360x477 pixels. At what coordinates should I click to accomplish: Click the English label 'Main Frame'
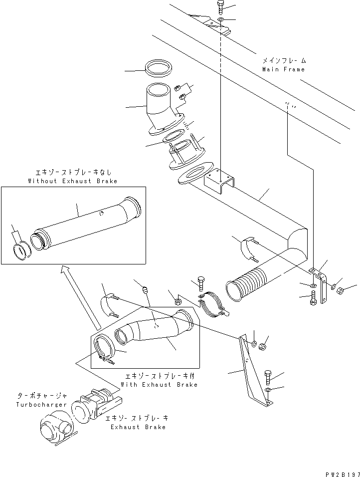click(x=283, y=69)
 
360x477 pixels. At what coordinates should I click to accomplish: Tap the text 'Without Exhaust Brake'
click(x=73, y=181)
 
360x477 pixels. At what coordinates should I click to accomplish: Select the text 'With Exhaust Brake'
click(x=159, y=385)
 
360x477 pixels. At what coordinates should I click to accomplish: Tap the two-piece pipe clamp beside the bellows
click(x=214, y=307)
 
